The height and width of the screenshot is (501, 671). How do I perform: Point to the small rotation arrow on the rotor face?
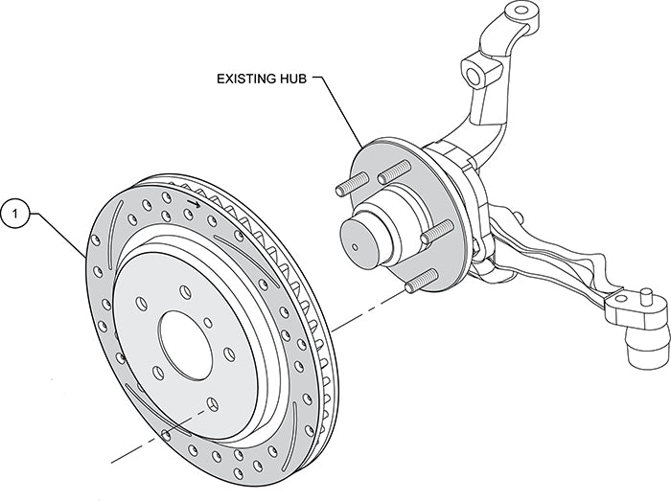click(x=195, y=202)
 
